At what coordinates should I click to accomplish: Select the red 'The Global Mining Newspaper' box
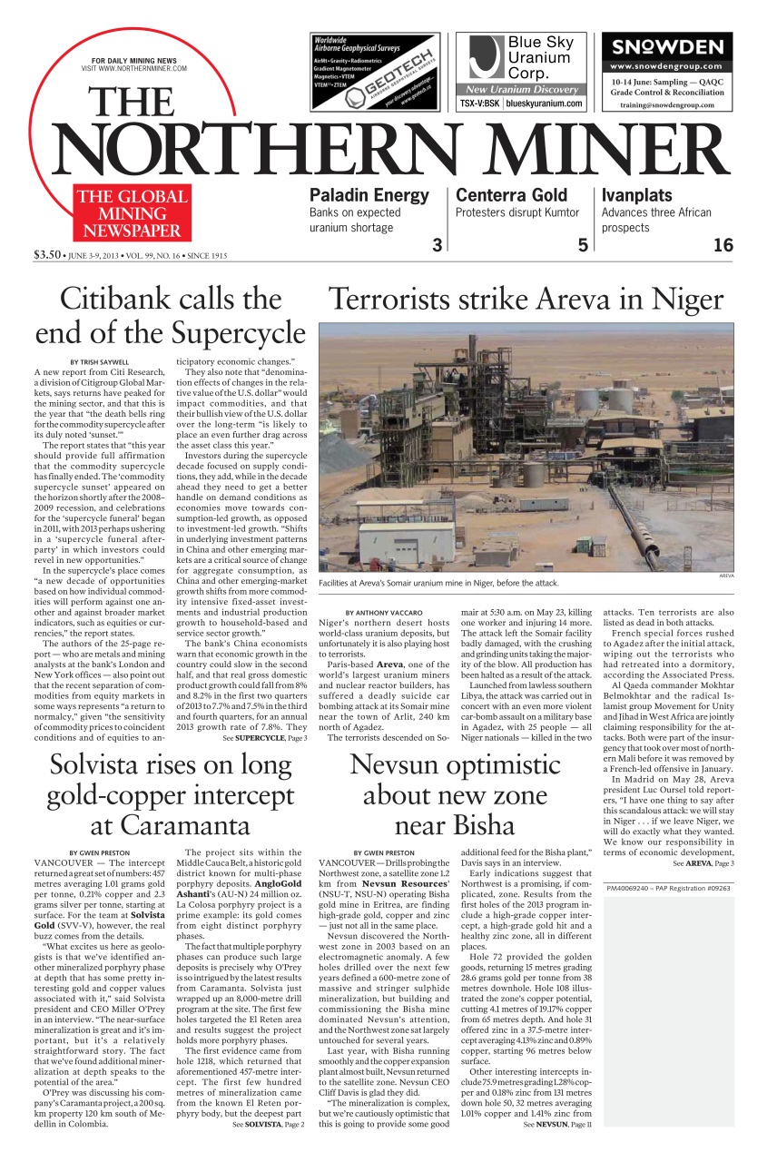(x=133, y=212)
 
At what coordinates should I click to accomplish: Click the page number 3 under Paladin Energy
(x=437, y=244)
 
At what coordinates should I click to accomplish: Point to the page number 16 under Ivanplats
(x=723, y=244)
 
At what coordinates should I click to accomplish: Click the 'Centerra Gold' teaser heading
(x=511, y=195)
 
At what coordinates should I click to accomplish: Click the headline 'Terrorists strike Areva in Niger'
(x=526, y=299)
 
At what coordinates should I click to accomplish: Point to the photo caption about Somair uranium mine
(x=438, y=583)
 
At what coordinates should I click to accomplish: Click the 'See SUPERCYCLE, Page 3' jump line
(x=264, y=738)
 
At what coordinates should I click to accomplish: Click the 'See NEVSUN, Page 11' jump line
(x=556, y=1124)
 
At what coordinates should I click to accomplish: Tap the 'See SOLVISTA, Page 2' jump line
(x=268, y=1124)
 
